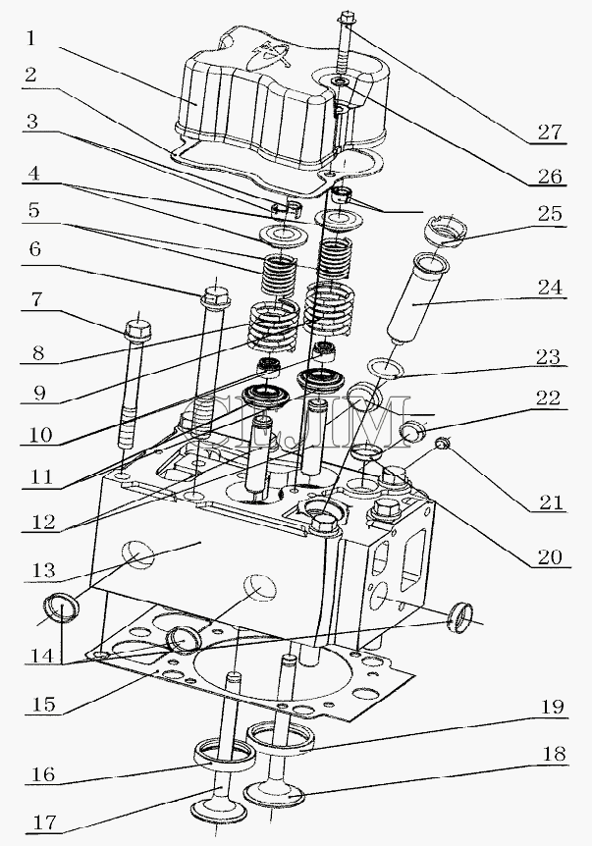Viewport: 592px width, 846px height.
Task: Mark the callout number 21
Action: pyautogui.click(x=552, y=502)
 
